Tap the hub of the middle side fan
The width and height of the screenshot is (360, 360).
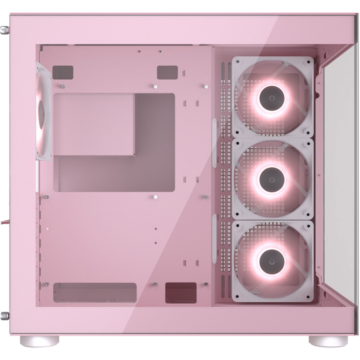click(x=271, y=179)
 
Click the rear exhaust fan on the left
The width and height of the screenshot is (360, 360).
click(x=43, y=111)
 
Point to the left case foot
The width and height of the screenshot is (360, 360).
click(x=39, y=340)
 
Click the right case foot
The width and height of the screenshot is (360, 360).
click(x=328, y=340)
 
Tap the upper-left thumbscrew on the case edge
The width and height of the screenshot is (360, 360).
click(x=5, y=30)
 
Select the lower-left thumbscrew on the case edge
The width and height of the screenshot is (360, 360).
click(x=5, y=315)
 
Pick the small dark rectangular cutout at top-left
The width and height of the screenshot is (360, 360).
click(x=63, y=72)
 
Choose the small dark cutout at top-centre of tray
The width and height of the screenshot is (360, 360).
click(x=167, y=72)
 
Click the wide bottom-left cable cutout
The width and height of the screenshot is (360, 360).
click(x=95, y=292)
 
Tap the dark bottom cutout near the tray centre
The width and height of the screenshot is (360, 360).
click(x=181, y=292)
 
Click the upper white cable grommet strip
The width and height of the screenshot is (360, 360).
click(x=214, y=143)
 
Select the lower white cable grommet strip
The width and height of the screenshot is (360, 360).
click(x=214, y=239)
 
